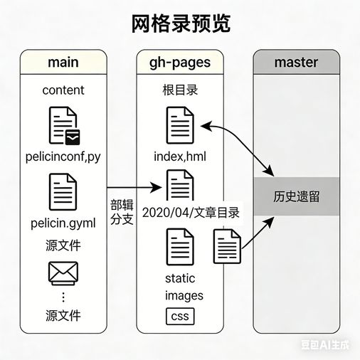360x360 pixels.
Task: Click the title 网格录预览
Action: (x=181, y=23)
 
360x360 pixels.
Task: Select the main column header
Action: (x=63, y=62)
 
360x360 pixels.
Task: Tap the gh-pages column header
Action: (x=179, y=62)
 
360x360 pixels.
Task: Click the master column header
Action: (x=296, y=62)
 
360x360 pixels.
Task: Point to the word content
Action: (x=63, y=90)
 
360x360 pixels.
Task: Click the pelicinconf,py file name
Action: (x=63, y=157)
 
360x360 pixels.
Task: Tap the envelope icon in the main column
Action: (x=63, y=272)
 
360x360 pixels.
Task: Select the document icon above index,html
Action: (x=180, y=125)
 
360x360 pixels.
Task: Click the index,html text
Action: (x=179, y=157)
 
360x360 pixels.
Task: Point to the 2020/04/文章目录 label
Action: (x=191, y=212)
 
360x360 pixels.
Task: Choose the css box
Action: (x=180, y=316)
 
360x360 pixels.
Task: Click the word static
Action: (x=180, y=278)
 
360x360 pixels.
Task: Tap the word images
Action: (x=184, y=295)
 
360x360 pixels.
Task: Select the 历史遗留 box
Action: (x=296, y=196)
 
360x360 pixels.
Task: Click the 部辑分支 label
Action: (x=122, y=212)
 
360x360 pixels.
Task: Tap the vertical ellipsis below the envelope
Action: (x=63, y=296)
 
